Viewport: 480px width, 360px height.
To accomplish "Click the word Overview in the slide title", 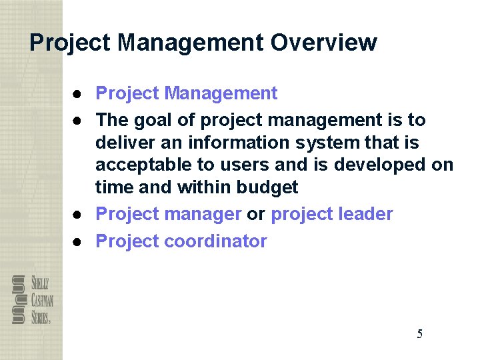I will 323,43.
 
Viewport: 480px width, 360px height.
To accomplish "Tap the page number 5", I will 419,334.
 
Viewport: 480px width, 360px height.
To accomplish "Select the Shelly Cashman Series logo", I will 32,299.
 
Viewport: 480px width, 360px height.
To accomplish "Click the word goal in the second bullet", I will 148,121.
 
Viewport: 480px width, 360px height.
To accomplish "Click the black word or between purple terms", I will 256,214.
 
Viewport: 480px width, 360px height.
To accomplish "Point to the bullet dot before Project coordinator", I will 78,241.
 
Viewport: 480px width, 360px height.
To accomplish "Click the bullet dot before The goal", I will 78,121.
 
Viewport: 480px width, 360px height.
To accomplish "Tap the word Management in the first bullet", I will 221,93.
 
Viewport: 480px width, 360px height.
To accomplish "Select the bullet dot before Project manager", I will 78,214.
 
